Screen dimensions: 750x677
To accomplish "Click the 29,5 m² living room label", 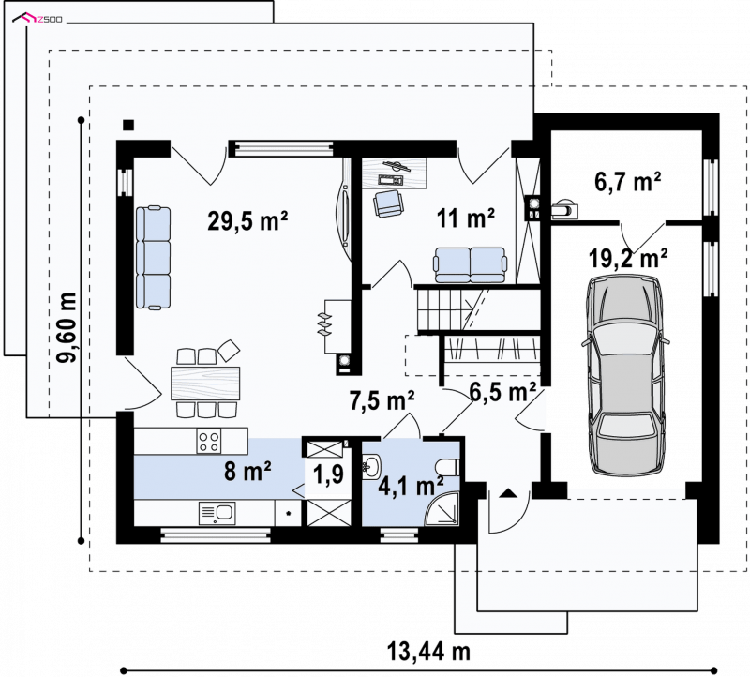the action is pos(247,221).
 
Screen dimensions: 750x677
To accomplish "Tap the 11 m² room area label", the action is pos(465,218).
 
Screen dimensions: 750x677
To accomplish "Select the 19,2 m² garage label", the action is pos(627,259).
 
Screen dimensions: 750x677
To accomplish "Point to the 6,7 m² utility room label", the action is pos(627,182).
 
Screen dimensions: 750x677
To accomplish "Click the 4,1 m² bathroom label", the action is pos(411,486).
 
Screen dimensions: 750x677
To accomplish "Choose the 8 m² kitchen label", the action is pos(247,471).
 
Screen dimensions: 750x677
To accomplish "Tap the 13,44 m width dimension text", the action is pos(428,651).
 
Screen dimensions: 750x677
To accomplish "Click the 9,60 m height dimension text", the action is pos(67,327).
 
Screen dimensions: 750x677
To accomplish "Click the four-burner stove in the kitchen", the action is pos(209,441).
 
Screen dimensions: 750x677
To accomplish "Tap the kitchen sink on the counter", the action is pos(217,513).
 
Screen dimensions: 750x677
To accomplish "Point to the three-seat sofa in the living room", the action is pos(153,258).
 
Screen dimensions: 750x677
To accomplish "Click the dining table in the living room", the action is pos(205,383).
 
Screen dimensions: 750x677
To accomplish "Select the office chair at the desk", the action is pos(389,203).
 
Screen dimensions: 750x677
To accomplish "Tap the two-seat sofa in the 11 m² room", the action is pos(470,265).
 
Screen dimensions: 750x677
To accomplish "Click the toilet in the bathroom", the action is pos(448,466).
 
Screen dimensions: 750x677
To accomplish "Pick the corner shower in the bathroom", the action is pos(442,509).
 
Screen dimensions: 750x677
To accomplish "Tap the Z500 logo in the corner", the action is pos(37,19).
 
